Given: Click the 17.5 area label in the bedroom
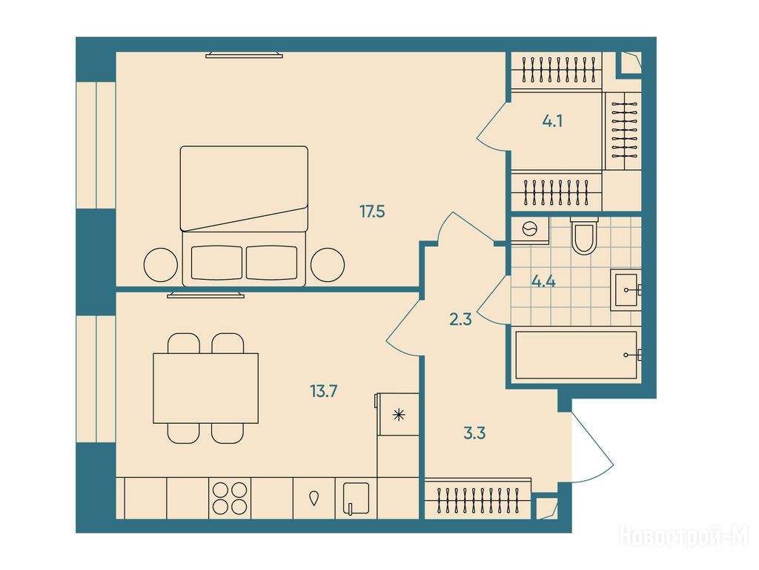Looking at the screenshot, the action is click(x=372, y=212).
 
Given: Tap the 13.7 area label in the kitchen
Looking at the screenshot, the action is click(x=323, y=390).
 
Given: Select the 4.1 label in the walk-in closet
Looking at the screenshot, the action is click(x=552, y=121).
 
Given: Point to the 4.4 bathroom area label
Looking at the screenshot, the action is click(x=543, y=281).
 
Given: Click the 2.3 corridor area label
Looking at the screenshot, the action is click(x=460, y=319).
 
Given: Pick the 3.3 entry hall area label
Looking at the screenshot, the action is click(x=474, y=433).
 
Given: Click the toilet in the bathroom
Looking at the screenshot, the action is click(x=584, y=235).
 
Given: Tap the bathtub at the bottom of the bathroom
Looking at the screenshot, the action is click(x=576, y=356).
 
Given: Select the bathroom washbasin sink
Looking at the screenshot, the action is click(x=626, y=290).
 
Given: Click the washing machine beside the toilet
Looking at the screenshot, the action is click(x=531, y=230).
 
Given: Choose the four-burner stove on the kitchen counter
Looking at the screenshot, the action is click(x=230, y=498).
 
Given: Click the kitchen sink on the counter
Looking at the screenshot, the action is click(x=356, y=498).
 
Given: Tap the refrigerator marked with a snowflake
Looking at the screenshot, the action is click(x=398, y=414).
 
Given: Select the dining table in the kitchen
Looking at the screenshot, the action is click(x=206, y=388).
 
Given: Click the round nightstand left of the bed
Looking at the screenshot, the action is click(x=161, y=265).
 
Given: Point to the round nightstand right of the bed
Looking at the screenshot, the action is click(x=327, y=265).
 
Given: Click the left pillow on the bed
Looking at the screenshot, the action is click(x=216, y=263).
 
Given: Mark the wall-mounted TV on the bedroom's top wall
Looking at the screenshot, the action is click(x=244, y=55).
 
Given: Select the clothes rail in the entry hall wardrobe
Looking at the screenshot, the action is click(x=477, y=500).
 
